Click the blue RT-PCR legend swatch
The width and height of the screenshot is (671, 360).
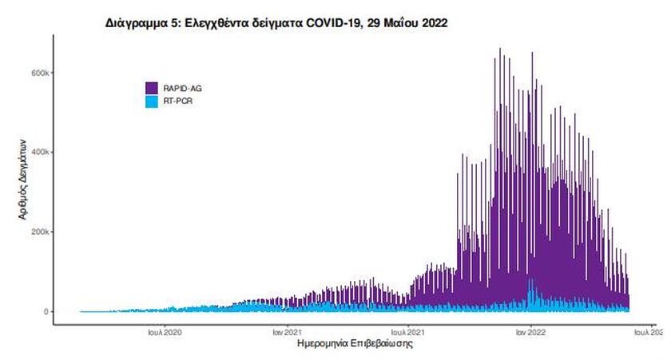[x=151, y=101]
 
